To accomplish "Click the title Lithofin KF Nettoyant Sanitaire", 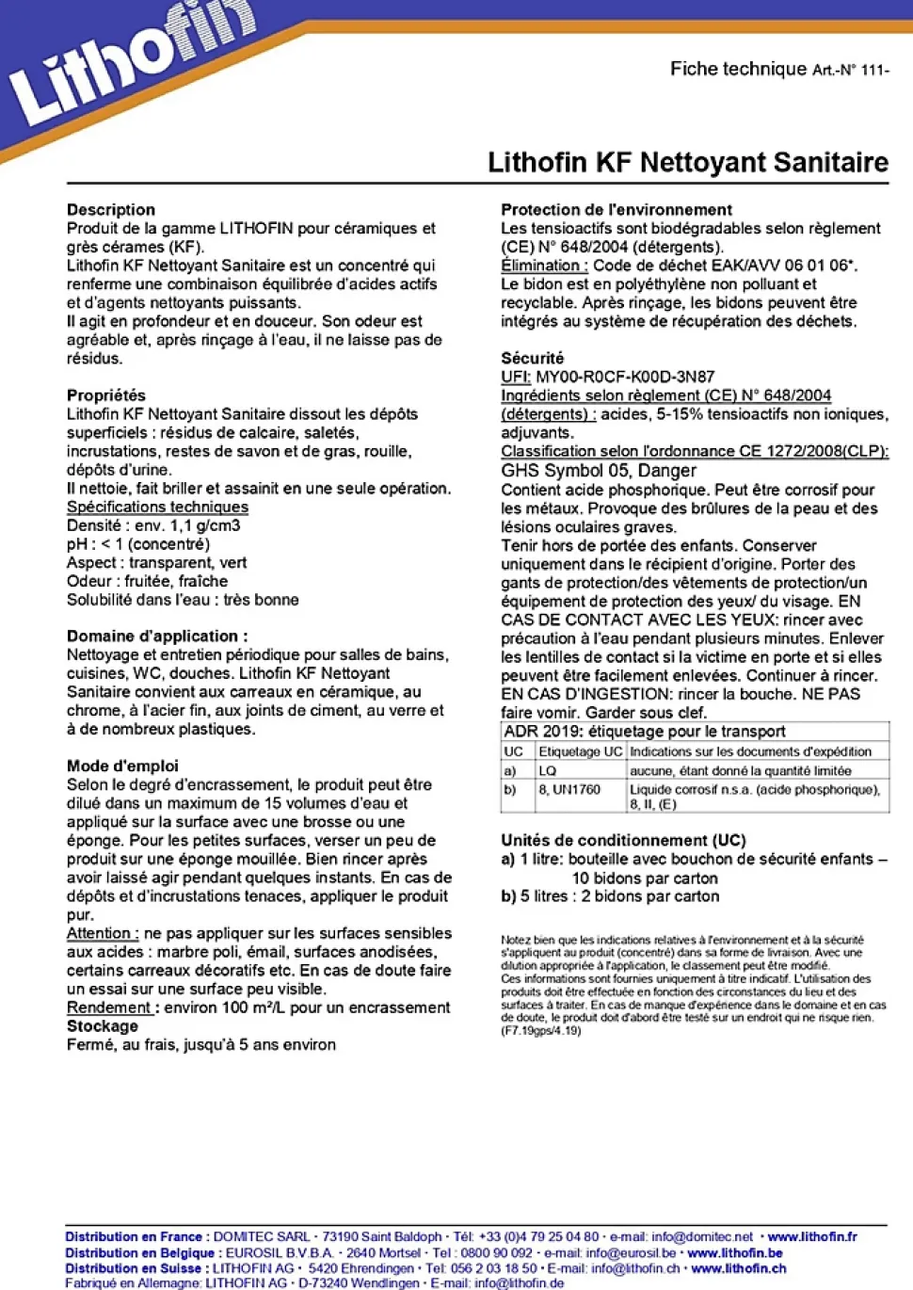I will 687,162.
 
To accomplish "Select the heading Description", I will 111,209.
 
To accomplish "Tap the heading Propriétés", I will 105,395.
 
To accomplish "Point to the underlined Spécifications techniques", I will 157,507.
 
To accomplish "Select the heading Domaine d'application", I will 157,637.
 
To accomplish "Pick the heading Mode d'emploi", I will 122,766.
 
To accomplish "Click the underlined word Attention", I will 102,933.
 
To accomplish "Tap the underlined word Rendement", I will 109,1008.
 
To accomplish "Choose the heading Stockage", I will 102,1026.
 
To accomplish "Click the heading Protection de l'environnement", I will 617,209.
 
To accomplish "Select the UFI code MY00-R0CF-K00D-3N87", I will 625,377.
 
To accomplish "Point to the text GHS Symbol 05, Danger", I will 599,471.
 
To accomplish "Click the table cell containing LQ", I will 548,771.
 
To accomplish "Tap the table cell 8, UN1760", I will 569,790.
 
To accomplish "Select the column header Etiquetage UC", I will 580,751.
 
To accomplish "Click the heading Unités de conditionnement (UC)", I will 623,840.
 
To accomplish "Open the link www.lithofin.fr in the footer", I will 812,1237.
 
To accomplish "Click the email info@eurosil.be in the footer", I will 631,1253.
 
